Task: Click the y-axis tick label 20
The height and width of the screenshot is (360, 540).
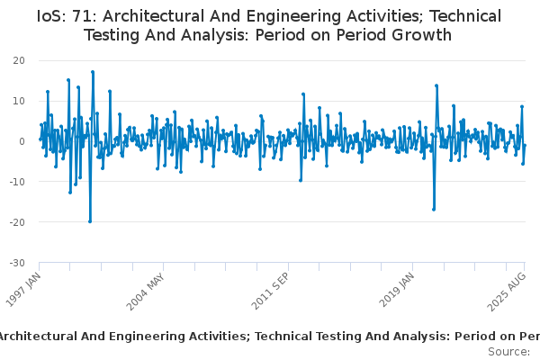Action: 19,60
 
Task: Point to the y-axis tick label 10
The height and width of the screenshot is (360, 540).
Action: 19,101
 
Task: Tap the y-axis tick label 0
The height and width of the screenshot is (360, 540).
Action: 22,141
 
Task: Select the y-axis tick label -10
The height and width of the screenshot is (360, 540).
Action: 17,182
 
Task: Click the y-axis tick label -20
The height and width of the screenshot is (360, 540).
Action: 17,222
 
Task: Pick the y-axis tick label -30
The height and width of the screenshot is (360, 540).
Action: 17,263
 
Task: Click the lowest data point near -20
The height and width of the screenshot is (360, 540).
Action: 90,221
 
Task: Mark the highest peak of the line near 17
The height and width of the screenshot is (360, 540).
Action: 93,72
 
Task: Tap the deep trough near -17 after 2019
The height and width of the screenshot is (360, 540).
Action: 434,210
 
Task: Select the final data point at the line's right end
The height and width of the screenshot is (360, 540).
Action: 525,146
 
